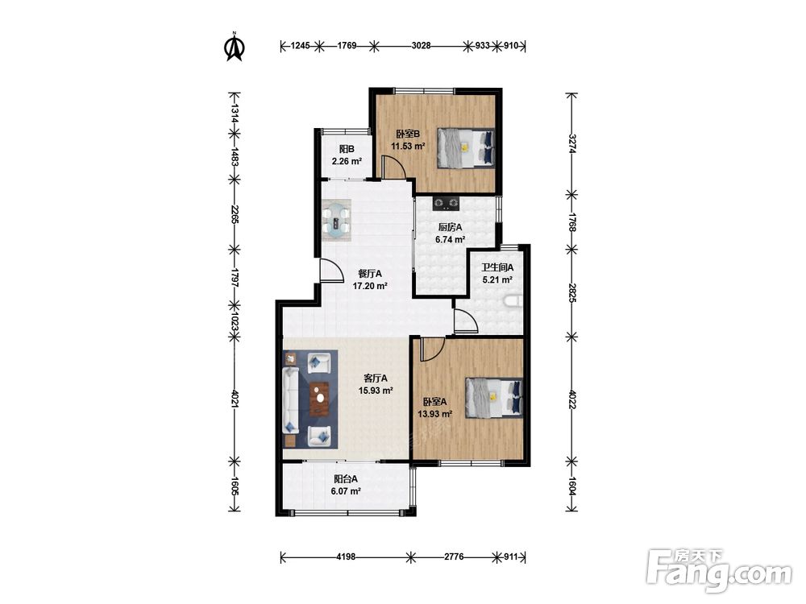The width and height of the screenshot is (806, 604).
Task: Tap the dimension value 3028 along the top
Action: pyautogui.click(x=421, y=46)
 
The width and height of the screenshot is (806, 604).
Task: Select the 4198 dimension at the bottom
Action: pyautogui.click(x=346, y=556)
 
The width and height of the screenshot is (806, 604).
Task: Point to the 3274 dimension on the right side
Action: pyautogui.click(x=571, y=144)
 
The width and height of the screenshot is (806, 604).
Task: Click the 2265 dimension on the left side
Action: pyautogui.click(x=235, y=214)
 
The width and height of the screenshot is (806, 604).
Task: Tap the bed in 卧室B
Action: pyautogui.click(x=466, y=148)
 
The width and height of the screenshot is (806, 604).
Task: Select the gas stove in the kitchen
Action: pyautogui.click(x=445, y=204)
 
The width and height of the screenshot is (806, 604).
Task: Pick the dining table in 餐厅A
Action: pyautogui.click(x=337, y=221)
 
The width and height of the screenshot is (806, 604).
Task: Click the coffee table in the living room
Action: pyautogui.click(x=320, y=399)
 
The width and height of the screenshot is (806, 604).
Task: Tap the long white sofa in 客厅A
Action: pyautogui.click(x=291, y=399)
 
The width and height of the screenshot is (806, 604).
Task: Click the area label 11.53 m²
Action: pyautogui.click(x=408, y=146)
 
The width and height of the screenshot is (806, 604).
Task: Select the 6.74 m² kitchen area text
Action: pyautogui.click(x=451, y=239)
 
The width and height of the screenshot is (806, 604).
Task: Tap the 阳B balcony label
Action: pyautogui.click(x=347, y=150)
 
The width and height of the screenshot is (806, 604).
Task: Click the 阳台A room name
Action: pyautogui.click(x=346, y=479)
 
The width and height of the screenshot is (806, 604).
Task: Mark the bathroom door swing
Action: pyautogui.click(x=466, y=321)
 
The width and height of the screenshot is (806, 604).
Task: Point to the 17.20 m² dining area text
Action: pyautogui.click(x=370, y=286)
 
